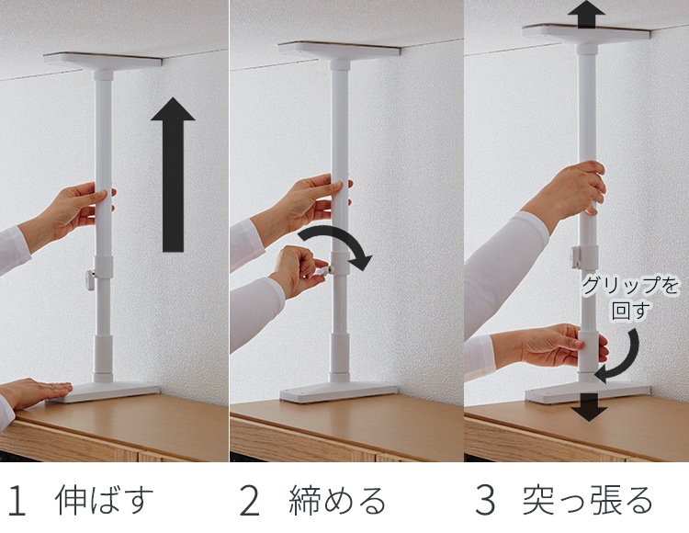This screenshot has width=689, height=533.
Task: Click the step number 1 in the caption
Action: [x=17, y=501]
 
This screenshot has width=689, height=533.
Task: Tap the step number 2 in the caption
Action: [x=249, y=501]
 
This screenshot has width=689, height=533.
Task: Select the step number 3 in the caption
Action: [x=485, y=501]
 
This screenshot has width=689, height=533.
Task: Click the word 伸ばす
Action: [x=105, y=500]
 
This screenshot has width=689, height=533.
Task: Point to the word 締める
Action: [x=336, y=500]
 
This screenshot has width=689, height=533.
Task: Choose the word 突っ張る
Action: [x=588, y=500]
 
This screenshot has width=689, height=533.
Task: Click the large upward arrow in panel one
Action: [x=173, y=175]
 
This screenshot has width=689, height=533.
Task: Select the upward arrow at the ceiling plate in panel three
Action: [x=586, y=14]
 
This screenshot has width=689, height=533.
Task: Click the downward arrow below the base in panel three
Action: [x=589, y=407]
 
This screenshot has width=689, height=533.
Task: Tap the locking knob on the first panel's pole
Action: [x=91, y=280]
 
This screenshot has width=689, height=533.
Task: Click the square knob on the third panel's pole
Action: [x=576, y=256]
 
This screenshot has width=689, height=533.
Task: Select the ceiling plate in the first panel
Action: [x=102, y=61]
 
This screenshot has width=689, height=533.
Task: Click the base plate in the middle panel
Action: [x=338, y=392]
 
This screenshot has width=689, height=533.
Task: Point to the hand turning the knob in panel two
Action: [x=299, y=270]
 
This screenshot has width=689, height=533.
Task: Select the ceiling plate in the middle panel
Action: [x=339, y=50]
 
